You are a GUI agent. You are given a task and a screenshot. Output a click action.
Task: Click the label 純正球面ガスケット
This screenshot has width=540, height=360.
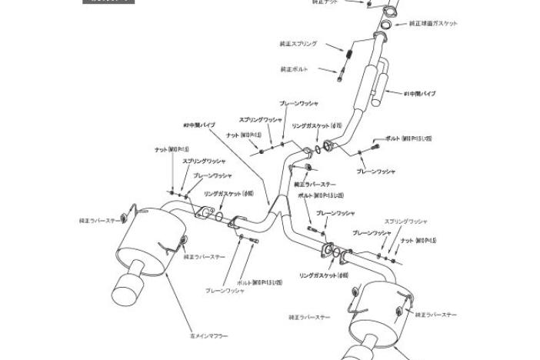pyautogui.click(x=433, y=24)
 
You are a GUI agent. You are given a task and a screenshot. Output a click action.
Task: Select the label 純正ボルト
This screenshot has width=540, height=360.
pyautogui.click(x=295, y=69)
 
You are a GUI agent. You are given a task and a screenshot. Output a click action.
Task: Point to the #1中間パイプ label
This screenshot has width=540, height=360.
pyautogui.click(x=420, y=94)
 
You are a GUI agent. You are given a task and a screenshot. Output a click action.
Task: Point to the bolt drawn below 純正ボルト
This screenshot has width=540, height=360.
pyautogui.click(x=340, y=75)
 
